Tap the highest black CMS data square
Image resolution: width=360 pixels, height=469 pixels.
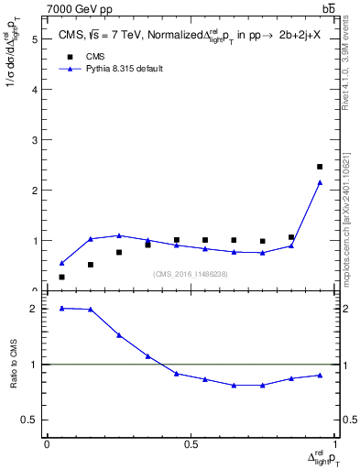point(320,167)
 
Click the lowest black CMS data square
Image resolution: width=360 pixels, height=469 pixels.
point(61,277)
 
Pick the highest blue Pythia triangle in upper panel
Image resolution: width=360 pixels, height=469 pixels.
point(320,182)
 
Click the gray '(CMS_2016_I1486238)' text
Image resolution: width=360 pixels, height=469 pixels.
point(191,274)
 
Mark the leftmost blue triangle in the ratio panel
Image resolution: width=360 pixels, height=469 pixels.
point(61,308)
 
